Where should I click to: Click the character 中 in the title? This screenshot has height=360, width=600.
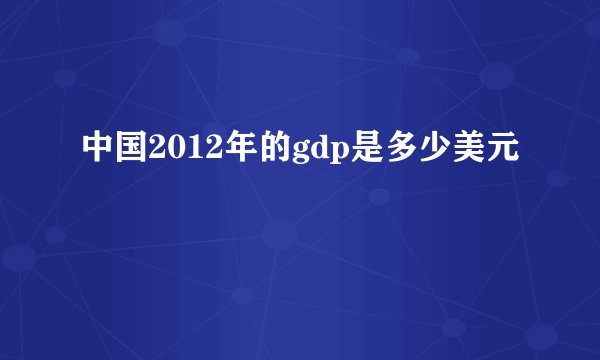98,150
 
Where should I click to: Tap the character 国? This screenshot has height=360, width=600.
130,150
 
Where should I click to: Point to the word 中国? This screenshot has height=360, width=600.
114,150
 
